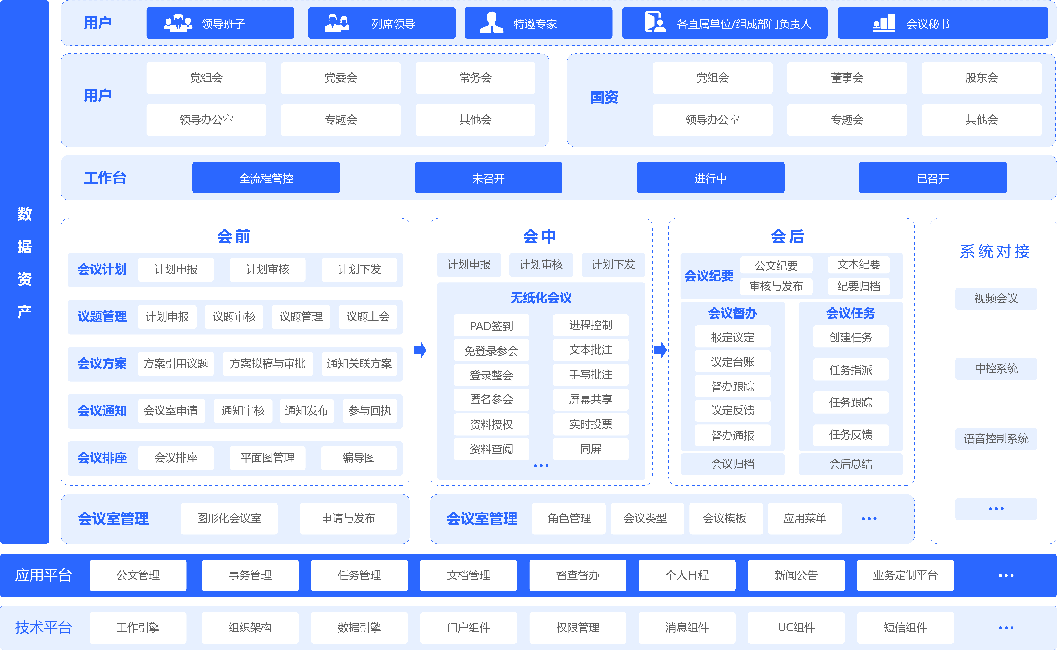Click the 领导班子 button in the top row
(220, 23)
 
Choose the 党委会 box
(341, 78)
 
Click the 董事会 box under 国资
(847, 78)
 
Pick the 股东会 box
(981, 78)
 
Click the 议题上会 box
(368, 317)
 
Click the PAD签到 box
(491, 326)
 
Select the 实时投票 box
(590, 424)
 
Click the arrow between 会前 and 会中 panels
(420, 350)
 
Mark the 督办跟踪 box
(732, 386)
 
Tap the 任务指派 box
(850, 370)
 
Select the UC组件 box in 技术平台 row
(796, 628)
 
